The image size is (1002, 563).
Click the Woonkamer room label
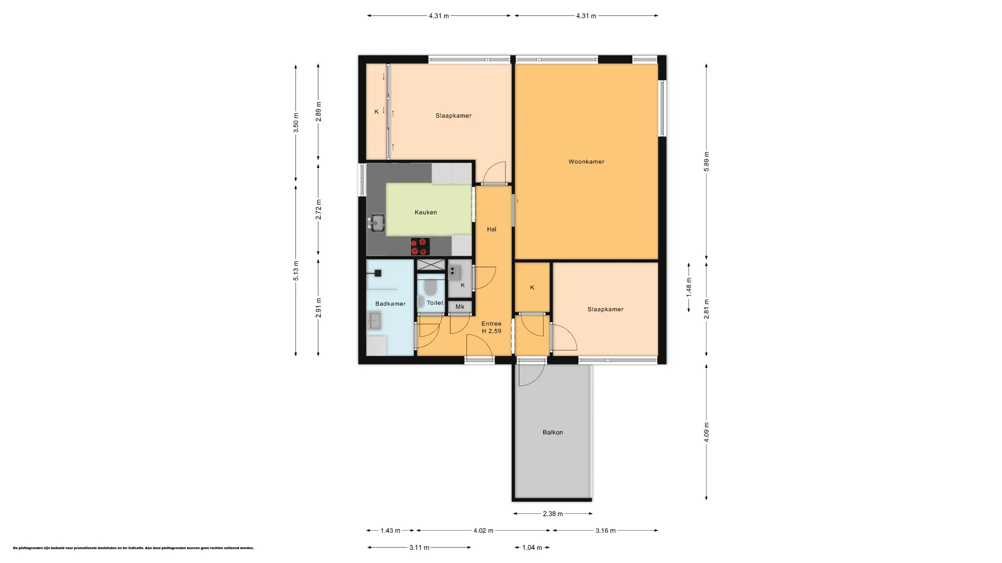586,162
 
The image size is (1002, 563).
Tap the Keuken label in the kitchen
426,212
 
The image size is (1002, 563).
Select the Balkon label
552,432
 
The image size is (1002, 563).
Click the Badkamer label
390,304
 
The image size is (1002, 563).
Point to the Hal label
491,229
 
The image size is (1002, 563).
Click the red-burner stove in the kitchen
420,246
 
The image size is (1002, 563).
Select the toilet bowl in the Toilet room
430,288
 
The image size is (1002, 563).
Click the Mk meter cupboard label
460,307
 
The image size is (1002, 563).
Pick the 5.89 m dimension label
706,162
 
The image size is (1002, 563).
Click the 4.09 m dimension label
706,432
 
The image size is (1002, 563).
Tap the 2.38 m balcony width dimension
553,514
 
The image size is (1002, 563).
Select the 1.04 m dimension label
532,547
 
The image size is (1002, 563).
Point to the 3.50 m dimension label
296,123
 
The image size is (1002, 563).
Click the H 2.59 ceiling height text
492,331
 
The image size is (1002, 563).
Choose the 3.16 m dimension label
605,530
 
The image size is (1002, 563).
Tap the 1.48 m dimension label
688,288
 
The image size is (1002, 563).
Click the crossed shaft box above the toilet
431,264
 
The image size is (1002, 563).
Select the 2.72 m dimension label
318,209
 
